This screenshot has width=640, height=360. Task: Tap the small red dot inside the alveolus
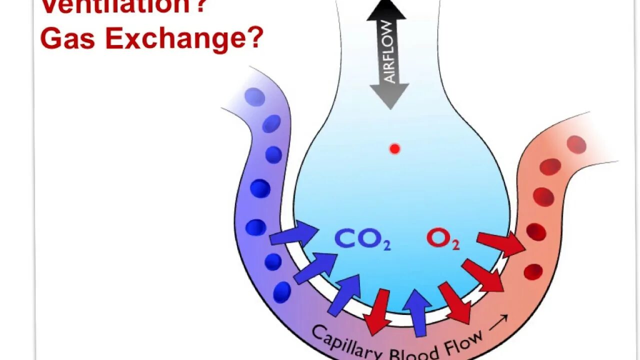[x=394, y=148]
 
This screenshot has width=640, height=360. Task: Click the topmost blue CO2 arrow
[x=294, y=234]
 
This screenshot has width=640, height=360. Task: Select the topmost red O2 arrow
[x=500, y=243]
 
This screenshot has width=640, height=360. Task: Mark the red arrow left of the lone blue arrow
[x=378, y=311]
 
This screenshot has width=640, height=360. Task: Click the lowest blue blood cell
[x=282, y=292]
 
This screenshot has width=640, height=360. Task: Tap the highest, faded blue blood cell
[x=255, y=97]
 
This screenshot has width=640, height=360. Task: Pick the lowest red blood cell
[x=533, y=272]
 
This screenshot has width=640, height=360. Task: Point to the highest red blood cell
[x=576, y=144]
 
